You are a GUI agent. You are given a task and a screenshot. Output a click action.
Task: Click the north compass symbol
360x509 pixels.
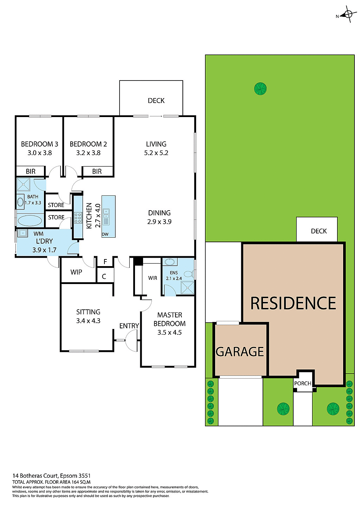pyautogui.click(x=348, y=14)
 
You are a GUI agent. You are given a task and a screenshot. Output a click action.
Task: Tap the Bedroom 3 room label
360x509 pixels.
pyautogui.click(x=39, y=144)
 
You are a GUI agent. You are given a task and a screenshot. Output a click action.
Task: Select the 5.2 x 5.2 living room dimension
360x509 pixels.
pyautogui.click(x=156, y=153)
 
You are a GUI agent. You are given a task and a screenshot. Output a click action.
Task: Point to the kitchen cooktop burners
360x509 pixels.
pyautogui.click(x=78, y=218)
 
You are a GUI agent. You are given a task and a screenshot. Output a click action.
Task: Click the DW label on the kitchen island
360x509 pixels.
pyautogui.click(x=105, y=234)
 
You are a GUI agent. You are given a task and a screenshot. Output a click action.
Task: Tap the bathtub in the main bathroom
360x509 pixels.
pyautogui.click(x=30, y=221)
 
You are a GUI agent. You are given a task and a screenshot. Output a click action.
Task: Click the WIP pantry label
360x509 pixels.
pyautogui.click(x=76, y=272)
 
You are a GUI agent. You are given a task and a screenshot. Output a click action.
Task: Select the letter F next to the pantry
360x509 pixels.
pyautogui.click(x=105, y=262)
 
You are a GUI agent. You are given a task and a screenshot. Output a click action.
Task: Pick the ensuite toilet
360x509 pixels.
pyautogui.click(x=188, y=274)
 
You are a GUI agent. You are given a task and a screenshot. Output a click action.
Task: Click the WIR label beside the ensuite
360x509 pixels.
pyautogui.click(x=153, y=278)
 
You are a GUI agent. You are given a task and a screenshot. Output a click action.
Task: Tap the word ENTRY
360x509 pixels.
pyautogui.click(x=129, y=326)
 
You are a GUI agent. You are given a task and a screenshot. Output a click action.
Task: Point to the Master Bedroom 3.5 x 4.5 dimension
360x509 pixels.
pyautogui.click(x=169, y=333)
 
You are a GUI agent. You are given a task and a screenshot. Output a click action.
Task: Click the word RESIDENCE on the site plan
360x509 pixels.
pyautogui.click(x=293, y=303)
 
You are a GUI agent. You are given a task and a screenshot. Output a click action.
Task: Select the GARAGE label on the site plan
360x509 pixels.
pyautogui.click(x=240, y=352)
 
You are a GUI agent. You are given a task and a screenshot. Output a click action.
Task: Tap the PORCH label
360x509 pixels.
pyautogui.click(x=303, y=384)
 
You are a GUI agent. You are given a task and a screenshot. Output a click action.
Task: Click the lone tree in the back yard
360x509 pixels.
pyautogui.click(x=260, y=89)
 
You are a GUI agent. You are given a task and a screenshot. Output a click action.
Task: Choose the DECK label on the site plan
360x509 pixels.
pyautogui.click(x=319, y=231)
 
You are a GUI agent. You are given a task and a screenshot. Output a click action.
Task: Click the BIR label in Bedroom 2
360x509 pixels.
pyautogui.click(x=97, y=172)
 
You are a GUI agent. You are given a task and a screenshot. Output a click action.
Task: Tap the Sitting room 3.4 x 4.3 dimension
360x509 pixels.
pyautogui.click(x=88, y=321)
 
